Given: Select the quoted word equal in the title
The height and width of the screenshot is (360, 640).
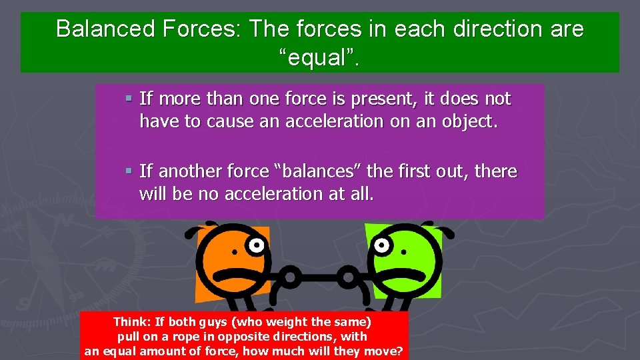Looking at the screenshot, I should point(319,59).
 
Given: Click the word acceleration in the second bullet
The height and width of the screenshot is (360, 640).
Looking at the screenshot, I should point(297,194).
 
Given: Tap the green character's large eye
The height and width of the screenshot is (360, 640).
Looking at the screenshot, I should point(384,245).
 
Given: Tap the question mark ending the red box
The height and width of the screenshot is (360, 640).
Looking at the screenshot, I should point(399,351).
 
